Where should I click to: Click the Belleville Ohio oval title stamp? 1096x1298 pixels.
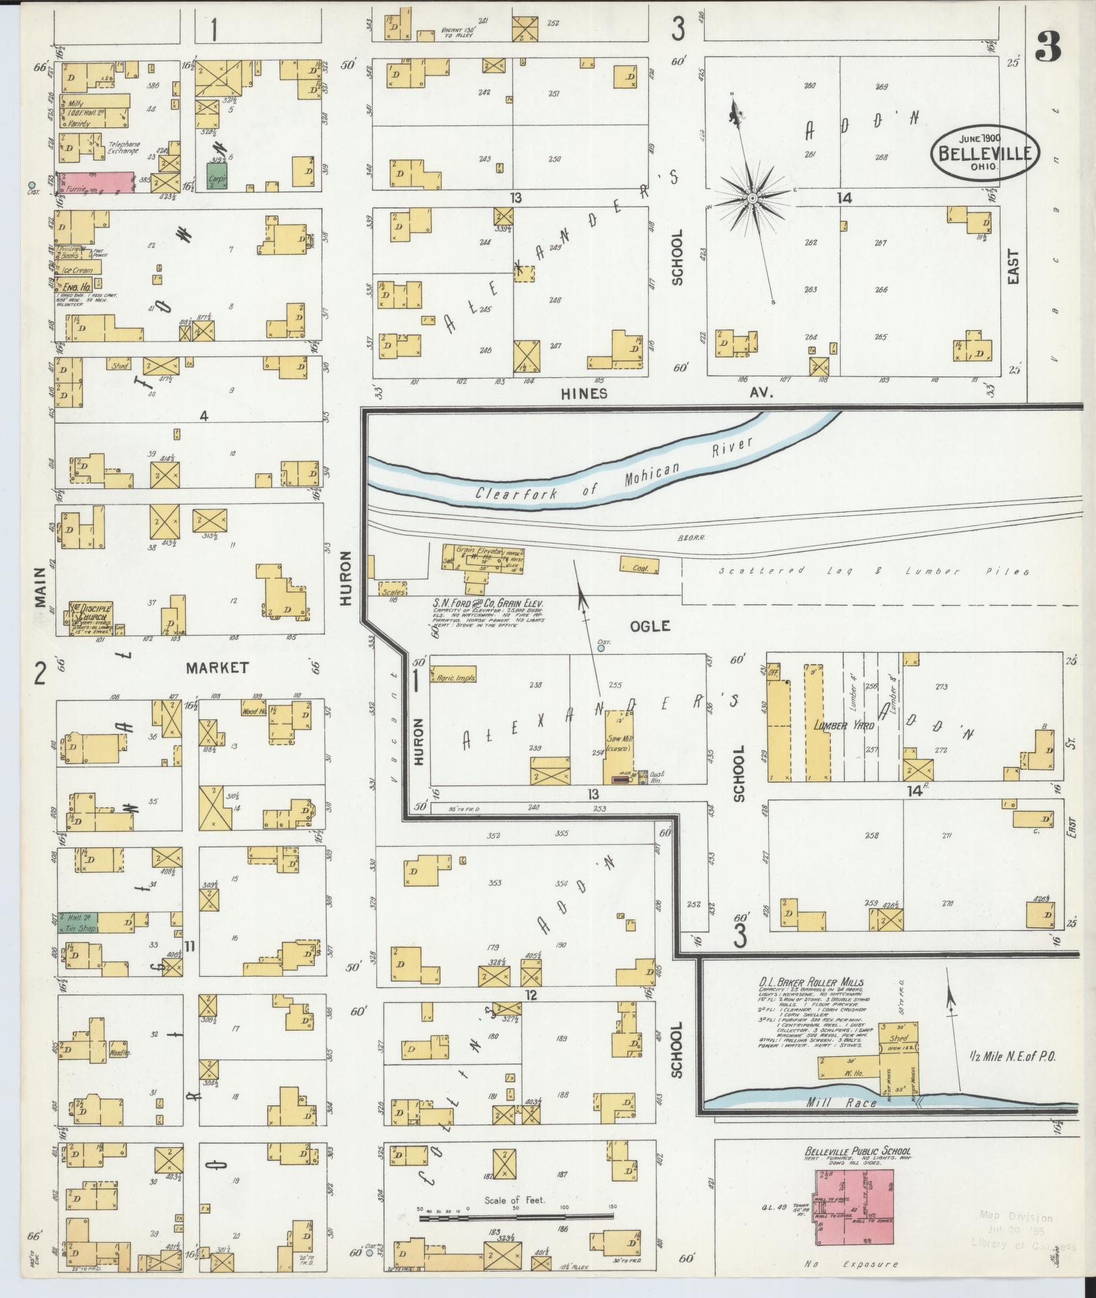(x=985, y=152)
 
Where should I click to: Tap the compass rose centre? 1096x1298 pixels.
(x=751, y=198)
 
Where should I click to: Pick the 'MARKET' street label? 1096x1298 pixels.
(x=217, y=668)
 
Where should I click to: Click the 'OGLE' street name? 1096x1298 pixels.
(x=650, y=626)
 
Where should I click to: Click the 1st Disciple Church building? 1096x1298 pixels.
(x=88, y=618)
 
